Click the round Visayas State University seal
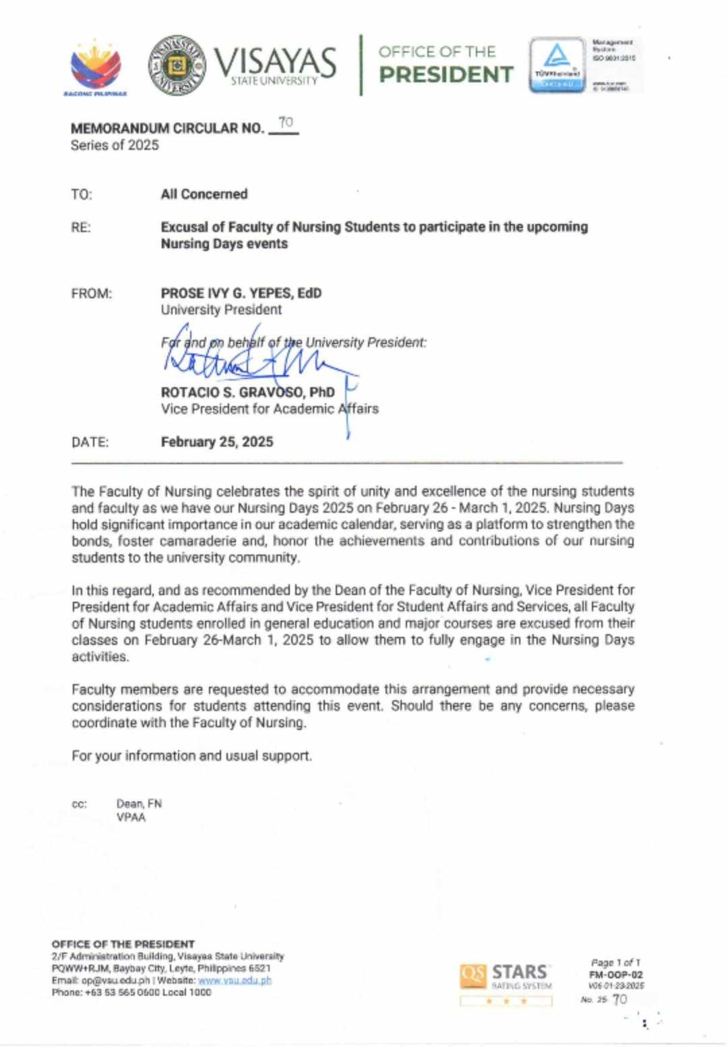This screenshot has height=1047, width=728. tap(177, 65)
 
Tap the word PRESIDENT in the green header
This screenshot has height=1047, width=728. tap(446, 74)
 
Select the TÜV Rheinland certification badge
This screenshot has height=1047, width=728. tap(557, 65)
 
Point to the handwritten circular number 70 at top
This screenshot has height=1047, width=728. tap(286, 123)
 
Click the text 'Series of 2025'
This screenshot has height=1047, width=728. tap(115, 145)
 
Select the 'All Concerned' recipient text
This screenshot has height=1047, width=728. tap(204, 194)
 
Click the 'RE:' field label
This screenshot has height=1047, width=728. tap(81, 227)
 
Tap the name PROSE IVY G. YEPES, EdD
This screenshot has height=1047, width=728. tap(241, 293)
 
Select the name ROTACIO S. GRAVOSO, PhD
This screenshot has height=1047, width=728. tap(247, 392)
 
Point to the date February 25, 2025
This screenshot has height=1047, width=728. tap(217, 442)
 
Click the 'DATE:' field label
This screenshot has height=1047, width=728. tap(90, 443)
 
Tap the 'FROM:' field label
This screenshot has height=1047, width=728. tap(92, 293)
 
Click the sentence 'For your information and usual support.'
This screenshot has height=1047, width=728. tap(192, 756)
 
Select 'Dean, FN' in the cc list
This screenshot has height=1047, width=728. tap(139, 803)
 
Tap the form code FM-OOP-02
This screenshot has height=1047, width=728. tap(615, 974)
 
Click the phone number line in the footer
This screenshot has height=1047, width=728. tap(131, 992)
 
